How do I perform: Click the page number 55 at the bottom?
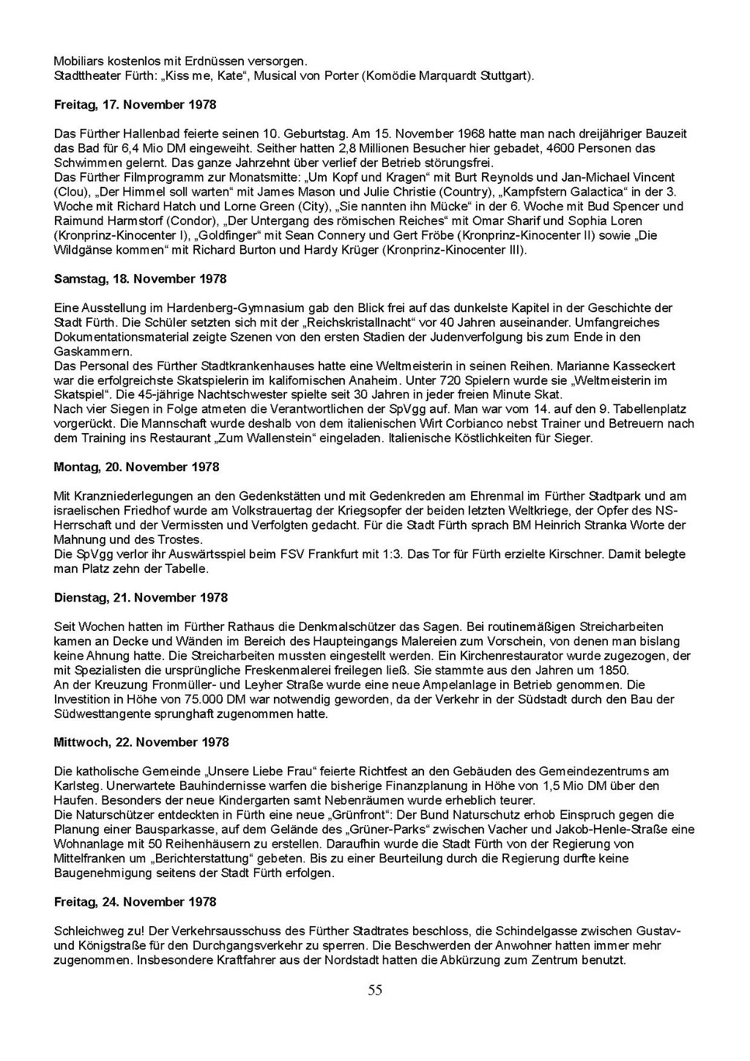[x=375, y=991]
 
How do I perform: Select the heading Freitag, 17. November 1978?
[x=135, y=105]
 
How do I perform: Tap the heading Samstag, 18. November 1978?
[x=140, y=279]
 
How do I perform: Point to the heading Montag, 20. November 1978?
[x=136, y=467]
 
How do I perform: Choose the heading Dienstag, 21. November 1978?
[x=141, y=598]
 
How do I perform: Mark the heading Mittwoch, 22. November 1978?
[x=141, y=742]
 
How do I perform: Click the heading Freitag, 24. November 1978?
[x=135, y=902]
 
